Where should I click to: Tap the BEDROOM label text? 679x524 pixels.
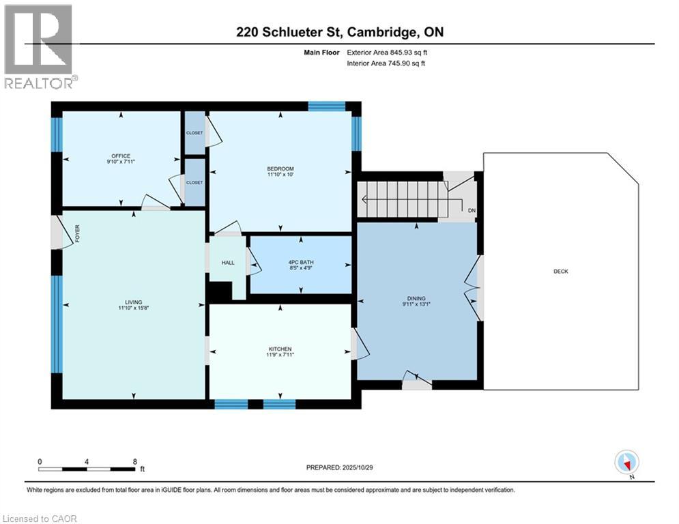pyautogui.click(x=280, y=169)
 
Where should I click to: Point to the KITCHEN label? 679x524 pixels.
pyautogui.click(x=280, y=349)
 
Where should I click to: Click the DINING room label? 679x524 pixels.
pyautogui.click(x=416, y=298)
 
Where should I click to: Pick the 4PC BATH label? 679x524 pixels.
pyautogui.click(x=301, y=263)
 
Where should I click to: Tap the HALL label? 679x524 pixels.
pyautogui.click(x=227, y=262)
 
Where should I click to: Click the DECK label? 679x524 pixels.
pyautogui.click(x=560, y=272)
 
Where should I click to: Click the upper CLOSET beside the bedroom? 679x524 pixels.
pyautogui.click(x=194, y=133)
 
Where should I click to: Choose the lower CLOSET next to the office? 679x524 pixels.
pyautogui.click(x=194, y=182)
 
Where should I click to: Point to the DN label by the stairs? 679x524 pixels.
pyautogui.click(x=471, y=210)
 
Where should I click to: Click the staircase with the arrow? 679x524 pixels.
pyautogui.click(x=400, y=199)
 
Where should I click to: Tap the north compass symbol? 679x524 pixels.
pyautogui.click(x=626, y=462)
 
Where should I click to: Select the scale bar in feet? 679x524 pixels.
pyautogui.click(x=87, y=469)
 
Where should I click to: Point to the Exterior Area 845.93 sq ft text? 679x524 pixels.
pyautogui.click(x=388, y=52)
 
